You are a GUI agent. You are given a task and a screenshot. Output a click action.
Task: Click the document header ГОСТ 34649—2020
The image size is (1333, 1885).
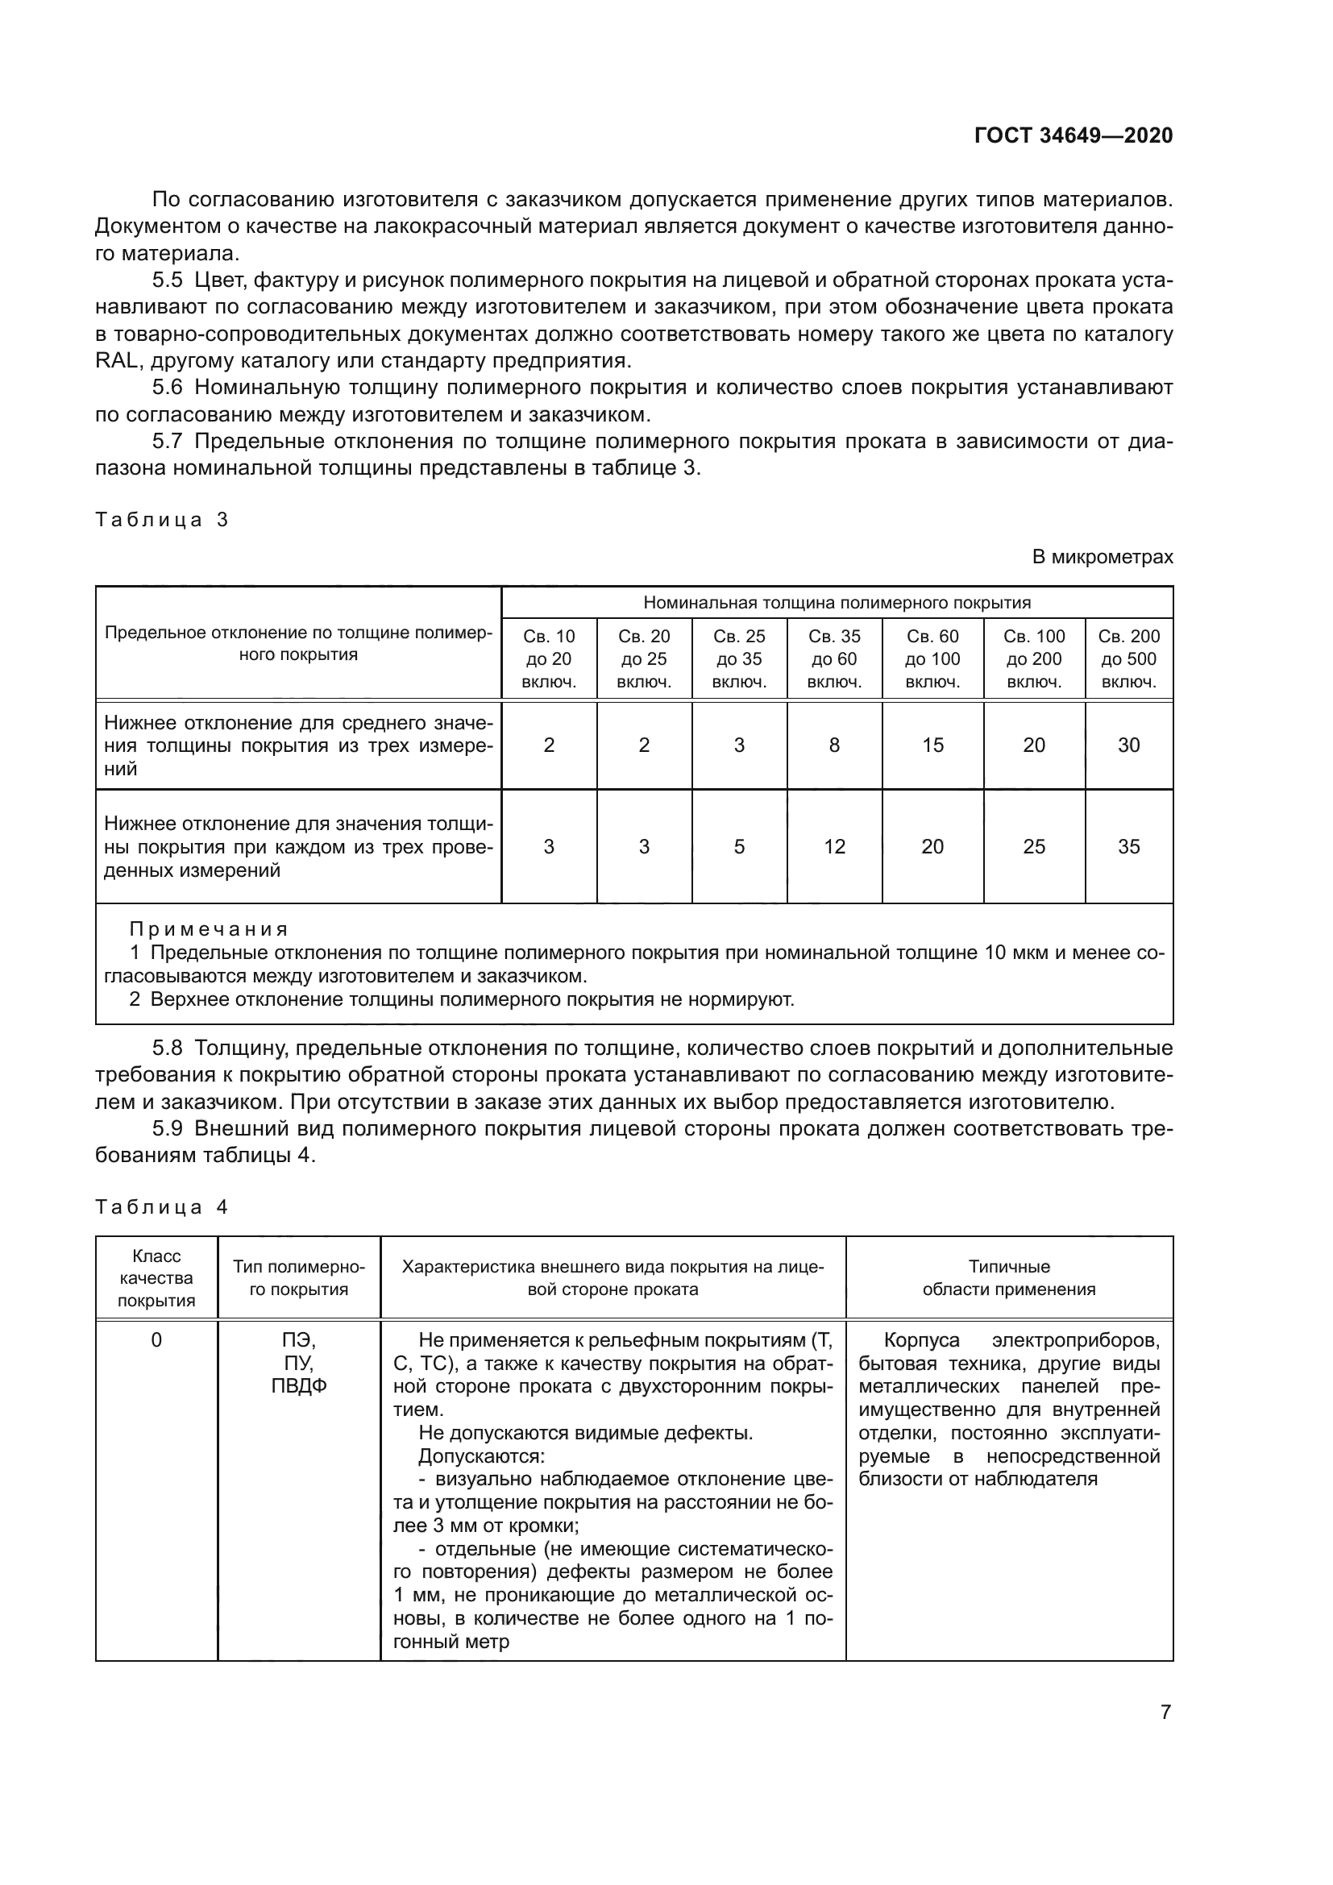click(x=1073, y=136)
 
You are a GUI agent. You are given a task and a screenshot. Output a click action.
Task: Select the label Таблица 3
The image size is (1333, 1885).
click(x=162, y=520)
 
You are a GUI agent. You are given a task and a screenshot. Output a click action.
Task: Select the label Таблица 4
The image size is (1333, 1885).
click(x=162, y=1207)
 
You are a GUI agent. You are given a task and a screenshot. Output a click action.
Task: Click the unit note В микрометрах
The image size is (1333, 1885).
click(x=1102, y=558)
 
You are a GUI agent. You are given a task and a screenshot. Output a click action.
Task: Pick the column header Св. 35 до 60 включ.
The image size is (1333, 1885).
click(x=834, y=659)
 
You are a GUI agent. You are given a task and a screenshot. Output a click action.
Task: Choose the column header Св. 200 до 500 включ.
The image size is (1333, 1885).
click(x=1128, y=659)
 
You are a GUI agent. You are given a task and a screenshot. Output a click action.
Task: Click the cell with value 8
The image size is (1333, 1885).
click(x=834, y=745)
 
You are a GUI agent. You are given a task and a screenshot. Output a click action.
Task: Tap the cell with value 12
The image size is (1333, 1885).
click(x=834, y=846)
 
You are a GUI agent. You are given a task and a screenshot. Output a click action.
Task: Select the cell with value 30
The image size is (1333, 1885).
click(x=1128, y=745)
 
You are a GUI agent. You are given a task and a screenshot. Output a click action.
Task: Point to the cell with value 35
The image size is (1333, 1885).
click(x=1128, y=846)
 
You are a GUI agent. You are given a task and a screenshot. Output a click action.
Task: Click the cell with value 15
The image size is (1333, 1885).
click(x=932, y=745)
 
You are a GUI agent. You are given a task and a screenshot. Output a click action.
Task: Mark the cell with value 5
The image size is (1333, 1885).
click(x=739, y=846)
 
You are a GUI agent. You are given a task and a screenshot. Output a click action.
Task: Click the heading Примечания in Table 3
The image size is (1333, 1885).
click(x=209, y=929)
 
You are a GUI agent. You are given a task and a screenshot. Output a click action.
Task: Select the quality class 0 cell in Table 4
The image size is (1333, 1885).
click(x=156, y=1341)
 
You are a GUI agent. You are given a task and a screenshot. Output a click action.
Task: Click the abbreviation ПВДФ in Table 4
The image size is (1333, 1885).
click(x=299, y=1387)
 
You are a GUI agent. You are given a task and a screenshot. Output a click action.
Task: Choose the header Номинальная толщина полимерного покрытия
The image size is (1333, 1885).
click(x=837, y=603)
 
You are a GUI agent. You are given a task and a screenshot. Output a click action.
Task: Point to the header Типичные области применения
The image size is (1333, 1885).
click(x=1009, y=1278)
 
